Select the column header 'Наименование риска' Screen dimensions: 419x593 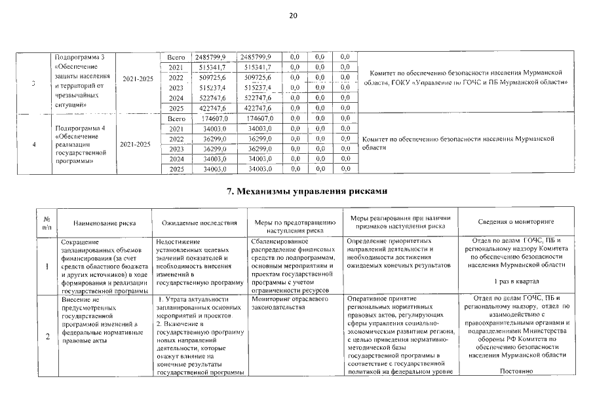pos(104,223)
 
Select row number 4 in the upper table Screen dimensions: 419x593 pos(33,144)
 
